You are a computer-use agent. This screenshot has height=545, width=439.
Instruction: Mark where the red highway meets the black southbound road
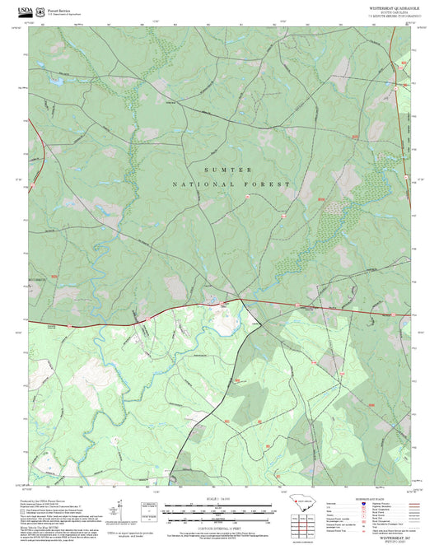(x=244, y=300)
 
